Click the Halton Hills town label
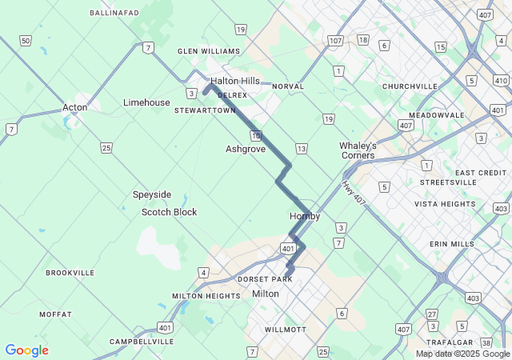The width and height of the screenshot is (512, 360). (x=235, y=81)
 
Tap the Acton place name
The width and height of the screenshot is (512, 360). (x=74, y=107)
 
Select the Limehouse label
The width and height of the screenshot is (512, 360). (x=146, y=102)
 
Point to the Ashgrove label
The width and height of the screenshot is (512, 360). (x=246, y=149)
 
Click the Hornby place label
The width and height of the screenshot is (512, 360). (x=305, y=216)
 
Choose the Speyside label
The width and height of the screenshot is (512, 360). (x=152, y=194)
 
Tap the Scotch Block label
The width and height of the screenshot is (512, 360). (x=169, y=212)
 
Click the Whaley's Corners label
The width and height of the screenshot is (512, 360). (x=358, y=150)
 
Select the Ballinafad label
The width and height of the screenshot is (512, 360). (x=114, y=13)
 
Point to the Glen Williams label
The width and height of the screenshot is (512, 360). (x=209, y=51)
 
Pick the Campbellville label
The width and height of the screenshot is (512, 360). (x=142, y=342)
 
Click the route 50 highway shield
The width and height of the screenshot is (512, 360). (x=26, y=41)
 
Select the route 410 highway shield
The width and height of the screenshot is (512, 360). (x=502, y=80)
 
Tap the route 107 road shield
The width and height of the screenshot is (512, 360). (x=335, y=40)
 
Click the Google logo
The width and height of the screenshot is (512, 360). (x=26, y=350)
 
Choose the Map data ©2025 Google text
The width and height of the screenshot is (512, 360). (x=462, y=354)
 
